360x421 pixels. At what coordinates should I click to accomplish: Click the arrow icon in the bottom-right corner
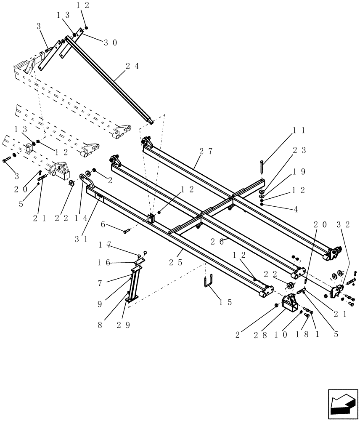point(342,405)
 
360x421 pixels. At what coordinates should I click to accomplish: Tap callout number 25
point(176,262)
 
